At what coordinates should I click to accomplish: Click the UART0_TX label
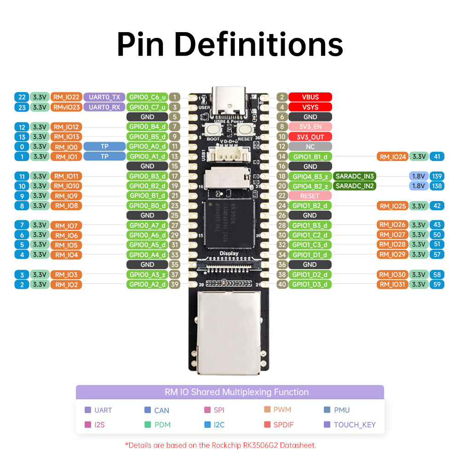point(104,97)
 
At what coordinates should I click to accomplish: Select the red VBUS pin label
point(310,97)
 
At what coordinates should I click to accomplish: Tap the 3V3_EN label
point(310,127)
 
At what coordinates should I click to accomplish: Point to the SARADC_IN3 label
point(354,176)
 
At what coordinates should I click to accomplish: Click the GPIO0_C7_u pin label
point(147,107)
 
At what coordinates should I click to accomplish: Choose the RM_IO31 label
point(392,284)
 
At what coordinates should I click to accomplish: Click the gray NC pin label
point(310,146)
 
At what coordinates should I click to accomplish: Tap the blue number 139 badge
point(437,176)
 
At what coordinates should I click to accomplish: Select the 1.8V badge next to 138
point(418,186)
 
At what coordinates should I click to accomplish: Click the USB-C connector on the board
point(229,101)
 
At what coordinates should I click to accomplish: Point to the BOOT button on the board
point(213,129)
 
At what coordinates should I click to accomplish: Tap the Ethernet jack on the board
point(229,333)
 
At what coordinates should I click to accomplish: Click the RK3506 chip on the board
point(229,224)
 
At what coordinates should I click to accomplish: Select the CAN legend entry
point(157,410)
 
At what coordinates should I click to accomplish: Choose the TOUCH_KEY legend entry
point(350,425)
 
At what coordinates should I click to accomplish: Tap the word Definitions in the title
point(259,45)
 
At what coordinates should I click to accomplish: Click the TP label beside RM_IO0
point(104,146)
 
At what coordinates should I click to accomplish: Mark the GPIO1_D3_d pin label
point(310,284)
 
